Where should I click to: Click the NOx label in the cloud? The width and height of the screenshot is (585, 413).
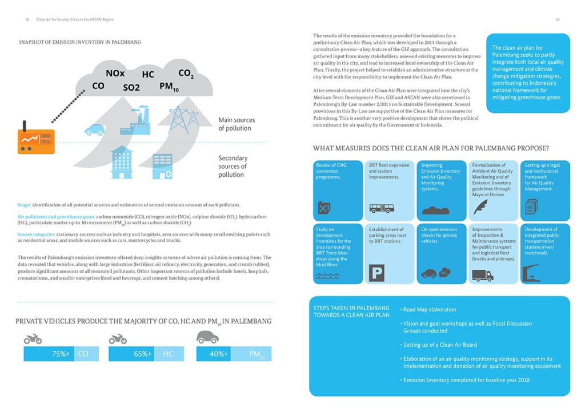click(115, 74)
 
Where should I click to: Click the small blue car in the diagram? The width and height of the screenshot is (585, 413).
click(94, 130)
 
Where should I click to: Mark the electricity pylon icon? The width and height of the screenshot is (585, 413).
click(182, 119)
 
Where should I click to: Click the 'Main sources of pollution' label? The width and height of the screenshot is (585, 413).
click(237, 124)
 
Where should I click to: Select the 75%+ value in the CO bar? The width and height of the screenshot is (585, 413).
click(61, 354)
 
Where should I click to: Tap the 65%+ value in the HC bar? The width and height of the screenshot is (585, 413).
click(142, 354)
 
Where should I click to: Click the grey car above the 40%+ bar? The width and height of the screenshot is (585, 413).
click(208, 338)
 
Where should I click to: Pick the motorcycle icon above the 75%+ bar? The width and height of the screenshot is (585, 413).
click(33, 339)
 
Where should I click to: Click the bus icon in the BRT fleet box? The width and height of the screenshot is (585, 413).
click(381, 209)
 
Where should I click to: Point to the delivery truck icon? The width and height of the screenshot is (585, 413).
click(482, 276)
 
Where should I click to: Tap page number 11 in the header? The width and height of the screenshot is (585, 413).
click(558, 19)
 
